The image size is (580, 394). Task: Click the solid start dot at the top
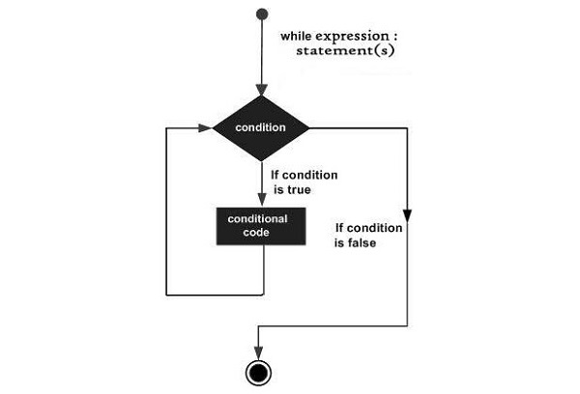[261, 15]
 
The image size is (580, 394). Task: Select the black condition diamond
[261, 127]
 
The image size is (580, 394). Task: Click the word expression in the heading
[359, 36]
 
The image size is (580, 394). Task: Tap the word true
[322, 191]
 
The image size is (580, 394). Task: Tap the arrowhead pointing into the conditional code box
[261, 201]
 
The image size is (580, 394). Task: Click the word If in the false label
[341, 229]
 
